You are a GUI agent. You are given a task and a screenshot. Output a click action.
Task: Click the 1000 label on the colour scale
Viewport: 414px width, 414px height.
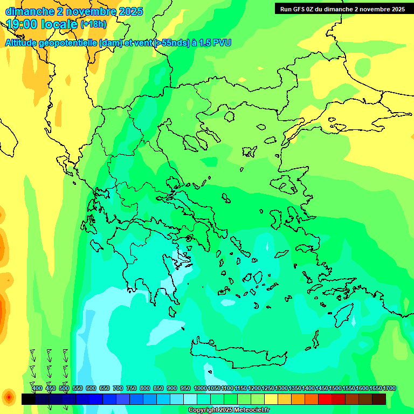pos(201,388)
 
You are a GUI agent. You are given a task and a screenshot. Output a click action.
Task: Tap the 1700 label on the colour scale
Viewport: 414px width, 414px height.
pos(389,388)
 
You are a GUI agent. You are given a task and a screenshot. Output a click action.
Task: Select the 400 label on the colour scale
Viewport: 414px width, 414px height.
pos(37,388)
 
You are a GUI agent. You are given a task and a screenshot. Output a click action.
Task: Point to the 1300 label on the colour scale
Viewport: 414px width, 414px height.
pos(281,388)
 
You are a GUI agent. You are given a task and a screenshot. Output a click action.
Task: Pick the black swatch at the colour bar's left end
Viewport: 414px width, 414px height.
pos(29,399)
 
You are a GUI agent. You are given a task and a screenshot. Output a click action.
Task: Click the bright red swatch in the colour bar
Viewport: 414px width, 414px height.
pos(325,399)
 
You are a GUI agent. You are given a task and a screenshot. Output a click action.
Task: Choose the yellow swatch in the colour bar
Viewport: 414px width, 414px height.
pos(271,399)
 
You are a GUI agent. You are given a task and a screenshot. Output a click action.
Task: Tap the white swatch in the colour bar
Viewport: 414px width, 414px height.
pos(190,399)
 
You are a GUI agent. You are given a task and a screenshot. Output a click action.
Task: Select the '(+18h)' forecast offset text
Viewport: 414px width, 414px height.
pos(93,24)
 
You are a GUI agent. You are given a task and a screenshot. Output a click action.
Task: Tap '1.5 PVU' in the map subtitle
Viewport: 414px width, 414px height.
pos(215,43)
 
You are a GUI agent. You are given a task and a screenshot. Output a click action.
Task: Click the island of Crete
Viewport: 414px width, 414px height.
pos(237,353)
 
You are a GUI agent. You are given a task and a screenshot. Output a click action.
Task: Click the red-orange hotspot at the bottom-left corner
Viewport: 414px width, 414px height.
pos(9,398)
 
